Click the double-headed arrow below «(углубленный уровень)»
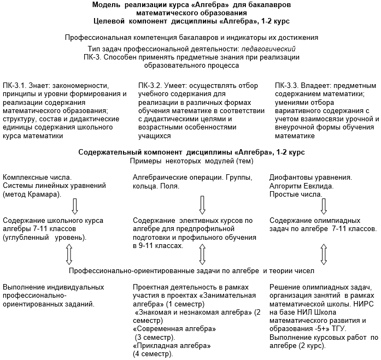69,253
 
